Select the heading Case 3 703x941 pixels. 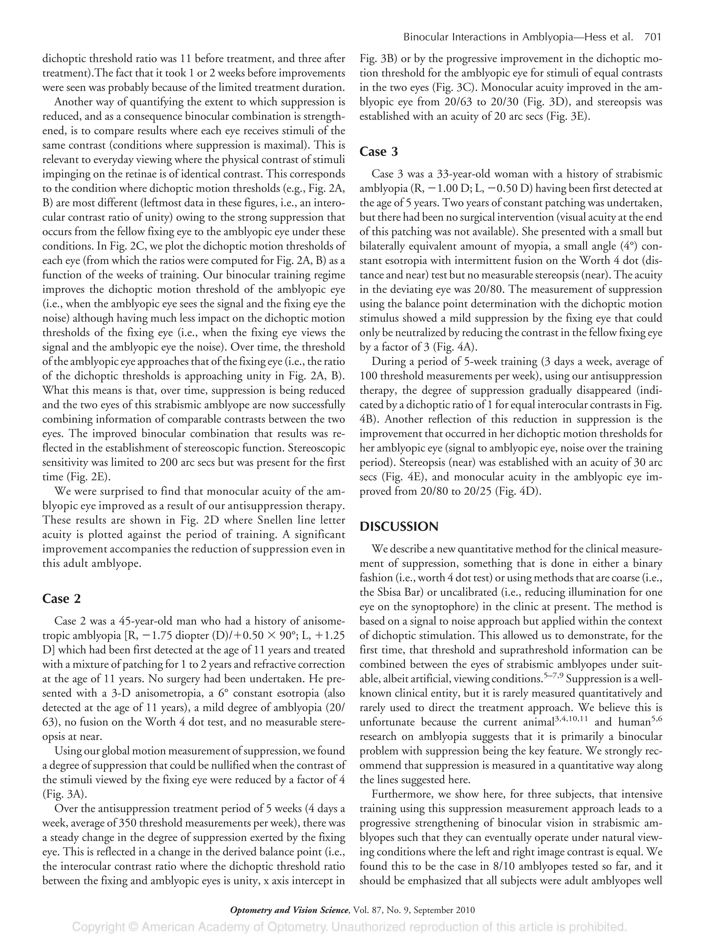point(379,151)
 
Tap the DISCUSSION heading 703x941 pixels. point(399,527)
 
